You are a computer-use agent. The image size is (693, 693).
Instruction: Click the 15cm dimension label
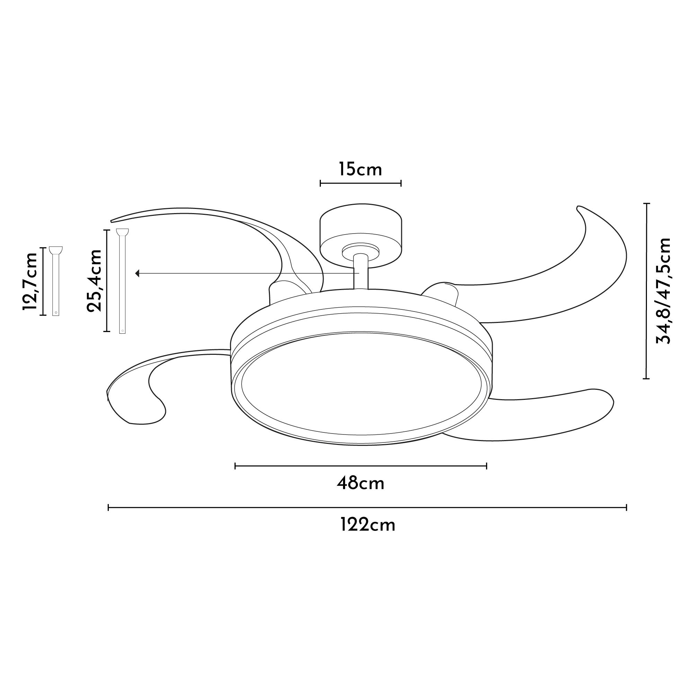pyautogui.click(x=360, y=169)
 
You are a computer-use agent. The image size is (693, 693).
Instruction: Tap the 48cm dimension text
pyautogui.click(x=360, y=484)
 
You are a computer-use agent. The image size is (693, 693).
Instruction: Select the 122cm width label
pyautogui.click(x=367, y=526)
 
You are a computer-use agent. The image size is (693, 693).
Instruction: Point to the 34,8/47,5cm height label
pyautogui.click(x=663, y=291)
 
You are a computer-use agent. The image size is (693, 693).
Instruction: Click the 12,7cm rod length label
pyautogui.click(x=29, y=281)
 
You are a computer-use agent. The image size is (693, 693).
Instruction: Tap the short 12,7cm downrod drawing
pyautogui.click(x=55, y=282)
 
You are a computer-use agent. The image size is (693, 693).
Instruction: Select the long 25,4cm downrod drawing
pyautogui.click(x=122, y=282)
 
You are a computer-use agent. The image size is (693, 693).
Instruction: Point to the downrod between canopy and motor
pyautogui.click(x=360, y=272)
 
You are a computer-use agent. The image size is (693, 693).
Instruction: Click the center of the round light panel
pyautogui.click(x=360, y=387)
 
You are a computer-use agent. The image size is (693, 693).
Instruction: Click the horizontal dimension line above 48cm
pyautogui.click(x=360, y=466)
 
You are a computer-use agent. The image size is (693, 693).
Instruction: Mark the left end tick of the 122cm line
pyautogui.click(x=109, y=507)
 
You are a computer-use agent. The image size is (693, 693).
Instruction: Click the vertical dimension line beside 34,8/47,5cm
pyautogui.click(x=646, y=291)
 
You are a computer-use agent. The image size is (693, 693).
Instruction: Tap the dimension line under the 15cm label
pyautogui.click(x=360, y=183)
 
